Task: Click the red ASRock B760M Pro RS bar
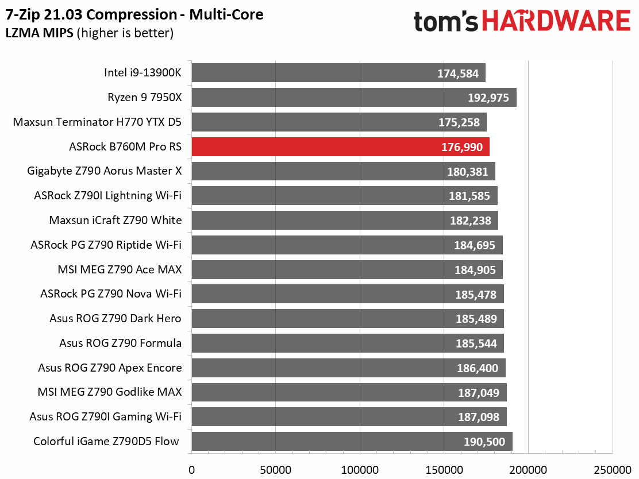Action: (x=340, y=147)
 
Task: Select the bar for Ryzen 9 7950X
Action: (x=353, y=98)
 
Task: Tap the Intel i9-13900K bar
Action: (x=338, y=73)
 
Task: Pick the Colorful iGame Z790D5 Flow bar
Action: (x=352, y=442)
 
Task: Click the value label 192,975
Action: (x=488, y=98)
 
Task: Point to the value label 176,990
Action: (x=462, y=147)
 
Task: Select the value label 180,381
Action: (x=468, y=171)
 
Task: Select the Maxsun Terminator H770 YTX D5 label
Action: (x=97, y=122)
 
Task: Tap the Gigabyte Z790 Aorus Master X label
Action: (x=104, y=171)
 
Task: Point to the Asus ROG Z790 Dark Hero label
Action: (x=115, y=319)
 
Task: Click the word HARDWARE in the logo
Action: (x=556, y=21)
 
